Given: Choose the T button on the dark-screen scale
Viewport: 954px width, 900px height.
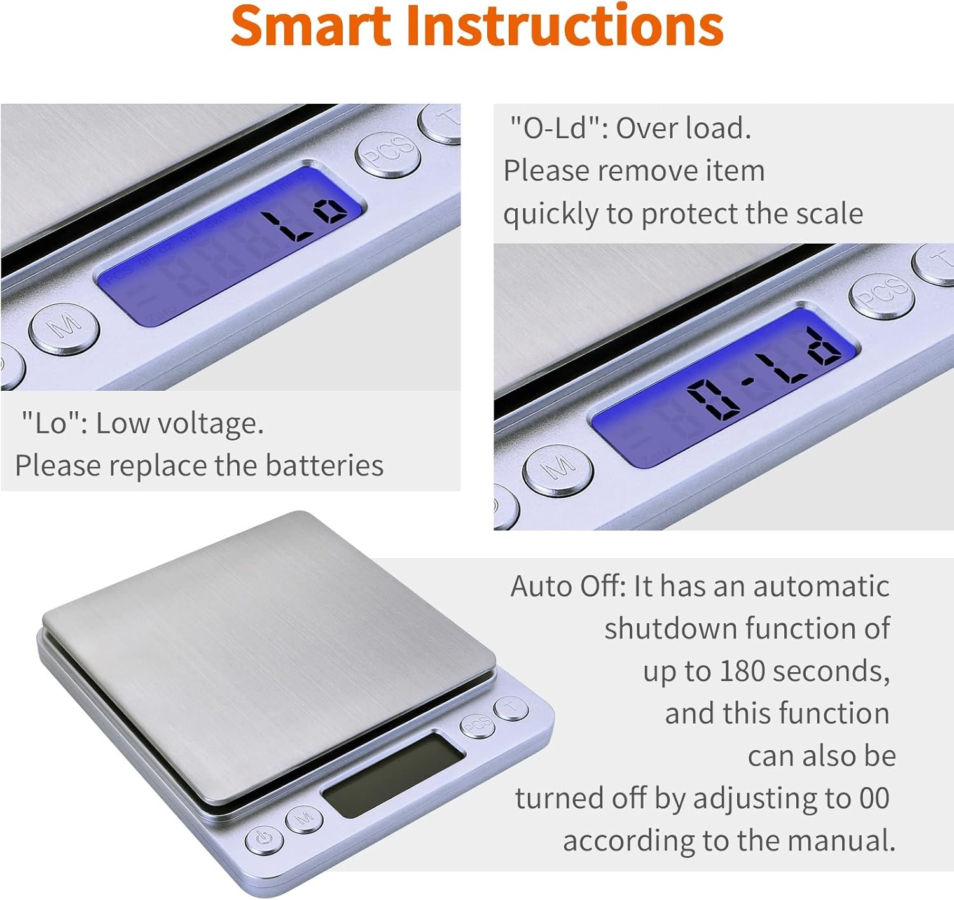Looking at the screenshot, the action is [511, 708].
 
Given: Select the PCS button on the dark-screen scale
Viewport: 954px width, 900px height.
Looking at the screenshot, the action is [478, 725].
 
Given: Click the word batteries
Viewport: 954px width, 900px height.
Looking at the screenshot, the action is [324, 465].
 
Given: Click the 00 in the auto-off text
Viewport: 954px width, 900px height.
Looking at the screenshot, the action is [874, 798].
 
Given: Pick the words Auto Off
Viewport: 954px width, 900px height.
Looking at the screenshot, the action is [569, 586].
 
